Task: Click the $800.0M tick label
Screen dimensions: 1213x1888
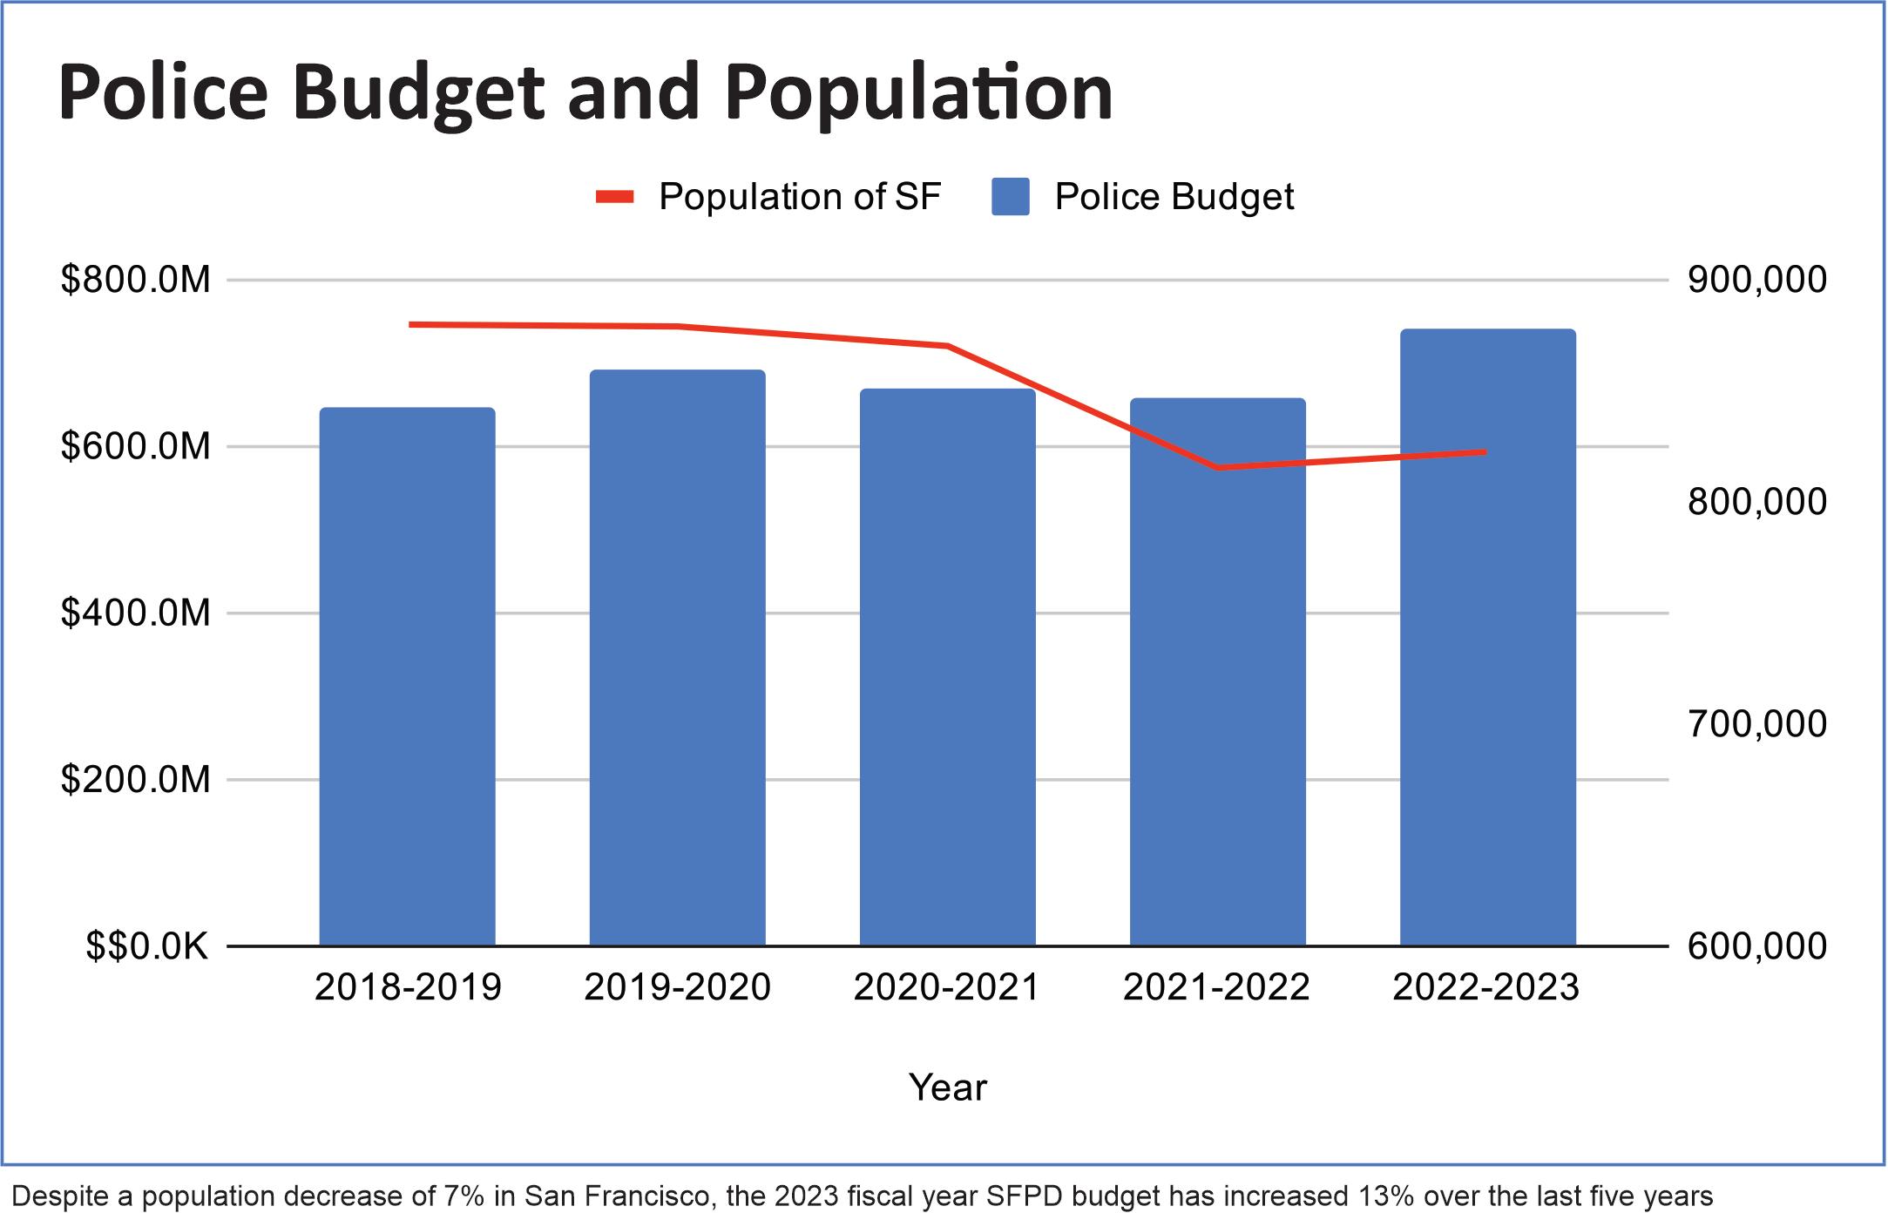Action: tap(136, 280)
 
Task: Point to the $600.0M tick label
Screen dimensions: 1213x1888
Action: tap(136, 446)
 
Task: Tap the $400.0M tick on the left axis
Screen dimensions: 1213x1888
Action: tap(136, 613)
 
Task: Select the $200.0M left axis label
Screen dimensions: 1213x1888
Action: tap(136, 779)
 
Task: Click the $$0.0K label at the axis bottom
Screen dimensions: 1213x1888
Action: tap(146, 946)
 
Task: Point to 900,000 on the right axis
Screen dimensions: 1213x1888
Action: tap(1756, 280)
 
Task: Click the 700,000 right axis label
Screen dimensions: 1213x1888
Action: tap(1756, 724)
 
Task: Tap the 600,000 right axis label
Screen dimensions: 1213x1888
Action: tap(1756, 946)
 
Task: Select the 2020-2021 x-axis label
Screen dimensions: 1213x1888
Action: tap(947, 987)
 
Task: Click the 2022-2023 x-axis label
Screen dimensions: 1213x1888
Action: tap(1486, 987)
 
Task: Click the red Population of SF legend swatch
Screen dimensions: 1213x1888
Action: tap(614, 197)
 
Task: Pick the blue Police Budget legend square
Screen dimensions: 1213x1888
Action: tap(1010, 197)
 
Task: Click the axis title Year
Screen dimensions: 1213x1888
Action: tap(948, 1088)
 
